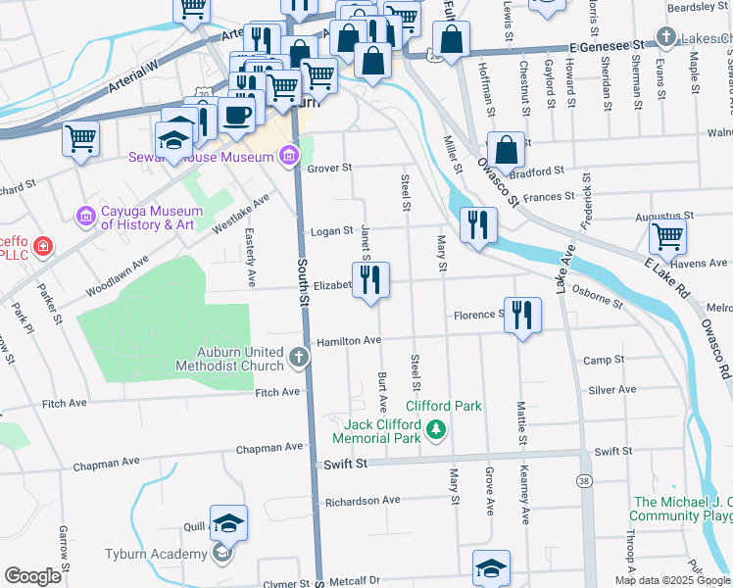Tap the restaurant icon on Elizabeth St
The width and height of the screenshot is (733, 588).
tap(371, 279)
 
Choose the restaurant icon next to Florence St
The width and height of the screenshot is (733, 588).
tap(522, 315)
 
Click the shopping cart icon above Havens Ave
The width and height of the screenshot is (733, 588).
tap(667, 235)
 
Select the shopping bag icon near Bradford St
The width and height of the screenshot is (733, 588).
tap(506, 150)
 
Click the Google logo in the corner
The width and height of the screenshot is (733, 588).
tap(32, 576)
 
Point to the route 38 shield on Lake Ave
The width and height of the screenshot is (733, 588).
tap(584, 481)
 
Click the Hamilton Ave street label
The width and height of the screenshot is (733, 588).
tap(348, 340)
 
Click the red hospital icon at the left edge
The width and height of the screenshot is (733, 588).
tap(43, 245)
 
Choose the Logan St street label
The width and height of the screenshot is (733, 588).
tap(331, 231)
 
